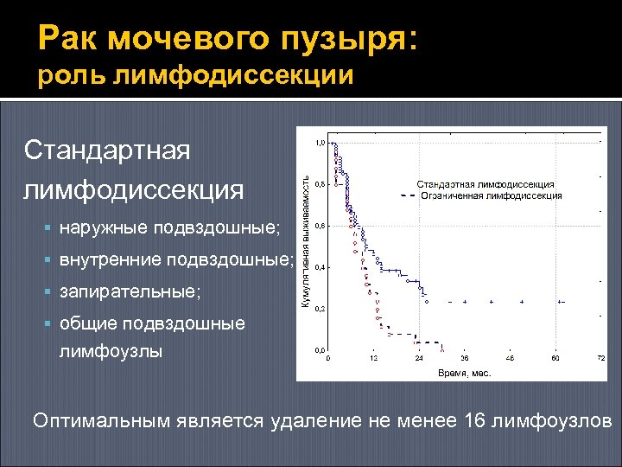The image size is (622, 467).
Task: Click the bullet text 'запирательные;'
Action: click(130, 292)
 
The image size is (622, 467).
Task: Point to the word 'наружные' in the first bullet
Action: click(105, 228)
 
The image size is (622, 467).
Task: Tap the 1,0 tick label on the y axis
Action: click(320, 143)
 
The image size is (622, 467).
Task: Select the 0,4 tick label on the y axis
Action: click(320, 267)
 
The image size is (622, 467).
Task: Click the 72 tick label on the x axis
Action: click(600, 358)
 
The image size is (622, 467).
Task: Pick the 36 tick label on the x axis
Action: click(465, 358)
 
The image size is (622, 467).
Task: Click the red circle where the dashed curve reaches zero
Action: click(442, 349)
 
